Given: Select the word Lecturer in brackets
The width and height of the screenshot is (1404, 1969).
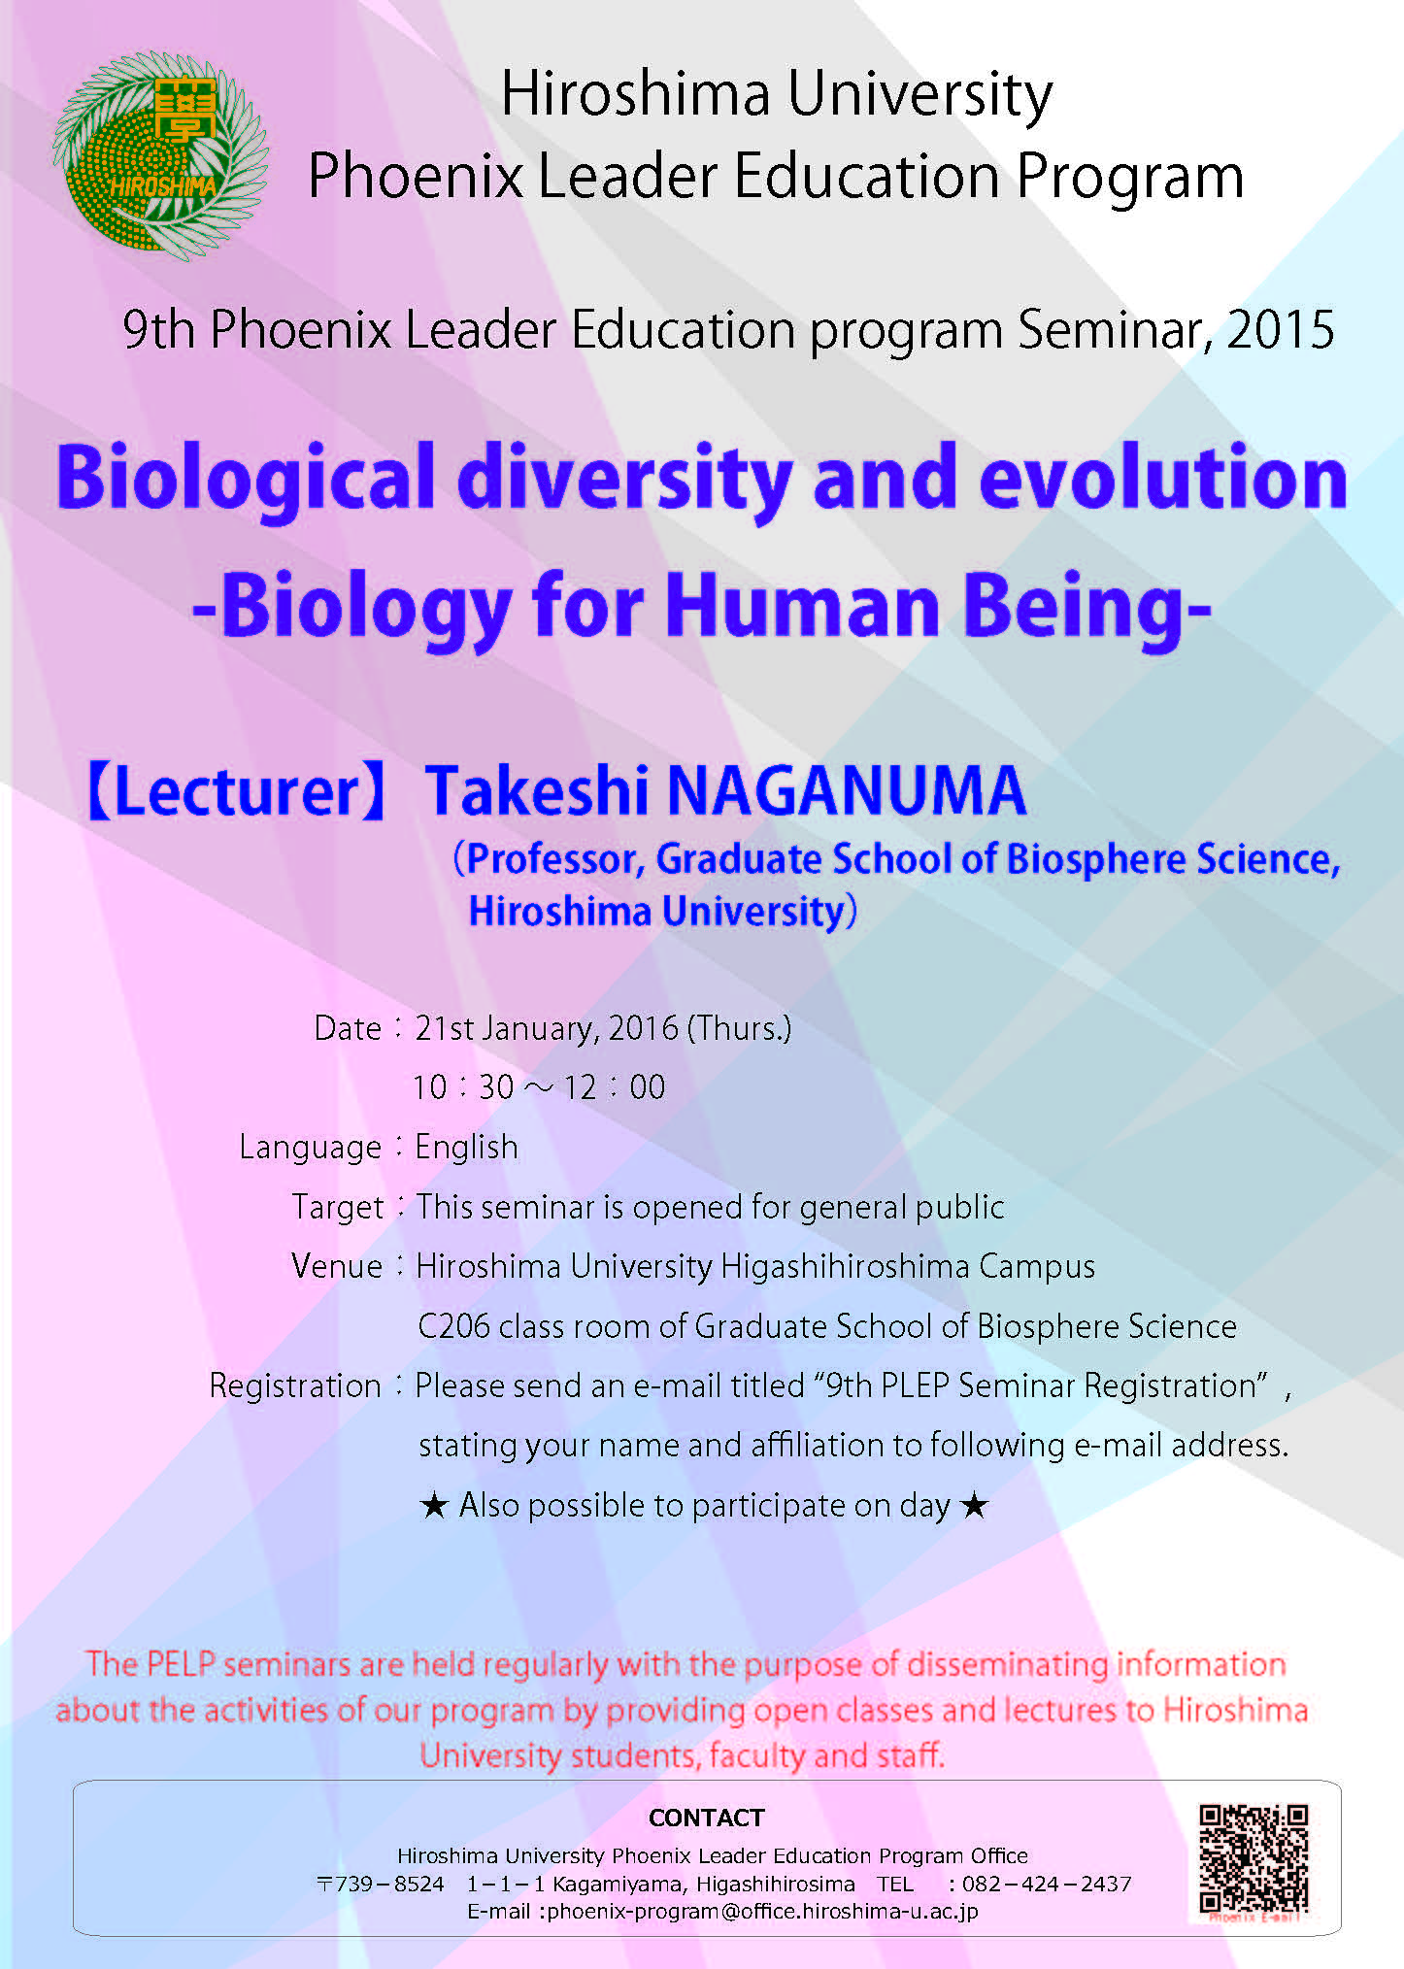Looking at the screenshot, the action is coord(236,790).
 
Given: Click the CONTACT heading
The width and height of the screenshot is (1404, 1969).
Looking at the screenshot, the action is coord(707,1818).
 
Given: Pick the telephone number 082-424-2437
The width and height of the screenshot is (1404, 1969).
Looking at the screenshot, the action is coord(1047,1884).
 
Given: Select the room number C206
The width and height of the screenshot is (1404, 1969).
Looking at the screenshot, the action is coord(453,1326).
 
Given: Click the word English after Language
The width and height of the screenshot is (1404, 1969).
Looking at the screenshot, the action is coord(466,1147).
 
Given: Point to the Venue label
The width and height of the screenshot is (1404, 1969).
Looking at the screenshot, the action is coord(337,1266).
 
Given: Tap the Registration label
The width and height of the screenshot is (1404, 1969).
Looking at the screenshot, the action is coord(295,1386).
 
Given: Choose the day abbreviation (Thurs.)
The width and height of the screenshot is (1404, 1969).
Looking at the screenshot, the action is coord(739,1028).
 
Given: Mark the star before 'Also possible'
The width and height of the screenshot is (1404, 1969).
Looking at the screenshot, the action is coord(434,1506).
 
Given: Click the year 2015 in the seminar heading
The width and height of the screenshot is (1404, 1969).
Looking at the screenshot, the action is coord(1281,330).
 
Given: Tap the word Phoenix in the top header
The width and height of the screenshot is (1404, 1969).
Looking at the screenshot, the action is coord(416,177).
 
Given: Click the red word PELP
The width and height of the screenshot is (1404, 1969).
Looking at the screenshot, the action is coord(181,1664).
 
